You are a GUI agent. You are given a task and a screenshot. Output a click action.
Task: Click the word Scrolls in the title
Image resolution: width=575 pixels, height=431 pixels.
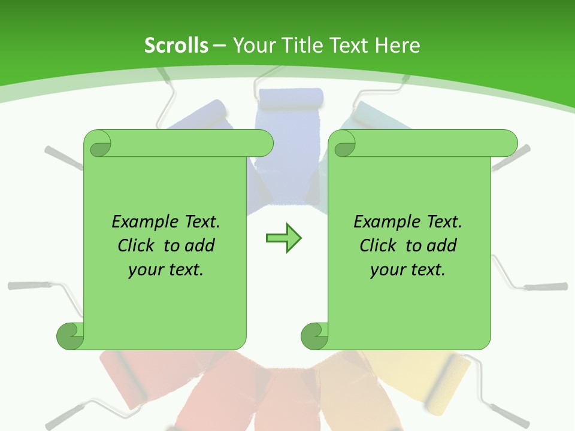(x=176, y=45)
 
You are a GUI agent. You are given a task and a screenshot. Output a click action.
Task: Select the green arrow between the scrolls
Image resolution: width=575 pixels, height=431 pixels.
(x=283, y=238)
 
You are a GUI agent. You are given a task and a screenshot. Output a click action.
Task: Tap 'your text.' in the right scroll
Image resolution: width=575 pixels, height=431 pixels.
(x=408, y=269)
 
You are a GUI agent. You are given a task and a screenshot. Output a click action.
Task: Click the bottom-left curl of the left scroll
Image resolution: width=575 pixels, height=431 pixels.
(x=70, y=336)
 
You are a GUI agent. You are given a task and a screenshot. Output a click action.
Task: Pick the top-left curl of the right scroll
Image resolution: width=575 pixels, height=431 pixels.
(x=343, y=144)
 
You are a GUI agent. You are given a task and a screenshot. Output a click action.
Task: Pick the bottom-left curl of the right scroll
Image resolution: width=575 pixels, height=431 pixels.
(x=314, y=336)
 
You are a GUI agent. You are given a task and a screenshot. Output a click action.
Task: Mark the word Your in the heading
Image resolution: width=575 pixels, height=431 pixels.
(x=252, y=45)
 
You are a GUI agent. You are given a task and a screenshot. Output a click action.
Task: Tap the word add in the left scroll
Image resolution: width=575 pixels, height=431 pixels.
(x=199, y=245)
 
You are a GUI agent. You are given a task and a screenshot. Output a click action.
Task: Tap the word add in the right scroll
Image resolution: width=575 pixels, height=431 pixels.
(x=441, y=245)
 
